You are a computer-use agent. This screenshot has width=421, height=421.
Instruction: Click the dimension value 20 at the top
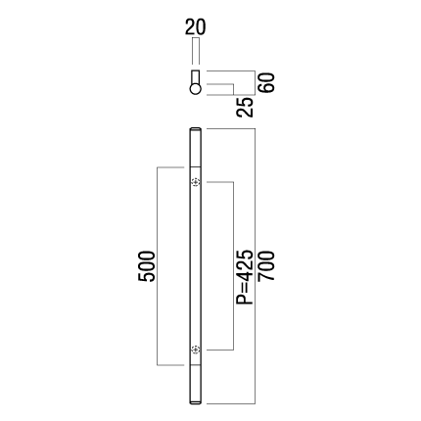[x=196, y=27]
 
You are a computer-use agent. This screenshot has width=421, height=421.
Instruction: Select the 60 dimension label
[x=266, y=83]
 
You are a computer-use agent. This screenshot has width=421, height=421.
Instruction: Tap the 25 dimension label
[x=245, y=107]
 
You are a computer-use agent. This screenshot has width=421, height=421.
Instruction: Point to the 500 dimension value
[x=146, y=266]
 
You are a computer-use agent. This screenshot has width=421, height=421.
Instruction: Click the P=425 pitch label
[x=245, y=277]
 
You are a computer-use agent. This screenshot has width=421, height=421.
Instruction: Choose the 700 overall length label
[x=266, y=265]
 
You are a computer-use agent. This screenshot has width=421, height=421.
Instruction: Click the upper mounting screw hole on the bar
[x=196, y=182]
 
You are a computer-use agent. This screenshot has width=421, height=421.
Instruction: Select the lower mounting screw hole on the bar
[x=196, y=350]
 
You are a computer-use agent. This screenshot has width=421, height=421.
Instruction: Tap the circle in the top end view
[x=196, y=89]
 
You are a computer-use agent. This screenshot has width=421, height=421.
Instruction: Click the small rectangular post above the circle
[x=196, y=77]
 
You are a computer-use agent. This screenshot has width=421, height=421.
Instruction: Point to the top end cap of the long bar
[x=196, y=129]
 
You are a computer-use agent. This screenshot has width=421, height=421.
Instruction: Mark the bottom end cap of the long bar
[x=196, y=402]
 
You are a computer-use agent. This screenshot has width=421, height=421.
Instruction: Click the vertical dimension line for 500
[x=158, y=266]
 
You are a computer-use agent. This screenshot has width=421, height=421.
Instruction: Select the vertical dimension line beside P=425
[x=233, y=266]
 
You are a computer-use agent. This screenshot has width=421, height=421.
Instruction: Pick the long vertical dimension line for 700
[x=255, y=266]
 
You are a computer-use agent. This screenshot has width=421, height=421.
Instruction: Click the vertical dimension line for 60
[x=255, y=83]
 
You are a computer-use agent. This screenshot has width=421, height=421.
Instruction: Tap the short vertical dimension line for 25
[x=233, y=89]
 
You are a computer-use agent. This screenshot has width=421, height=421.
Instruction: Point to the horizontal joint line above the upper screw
[x=196, y=167]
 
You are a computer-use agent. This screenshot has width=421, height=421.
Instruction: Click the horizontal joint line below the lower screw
[x=196, y=365]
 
